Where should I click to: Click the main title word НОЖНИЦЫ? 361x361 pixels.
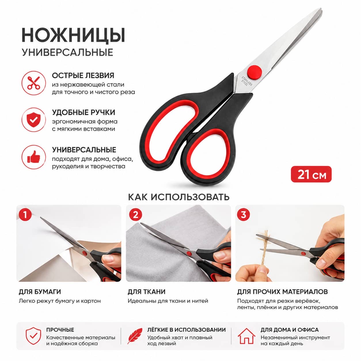(73, 35)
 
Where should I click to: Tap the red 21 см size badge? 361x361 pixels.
(311, 174)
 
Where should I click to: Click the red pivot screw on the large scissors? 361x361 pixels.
(254, 71)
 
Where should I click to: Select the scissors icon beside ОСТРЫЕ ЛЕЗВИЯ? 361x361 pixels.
(34, 83)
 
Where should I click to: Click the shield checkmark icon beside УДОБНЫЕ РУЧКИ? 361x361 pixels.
(34, 120)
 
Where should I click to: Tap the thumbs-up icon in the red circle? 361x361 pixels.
(34, 157)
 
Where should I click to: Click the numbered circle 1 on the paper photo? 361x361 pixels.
(25, 215)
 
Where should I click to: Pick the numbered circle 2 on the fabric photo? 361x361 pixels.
(135, 215)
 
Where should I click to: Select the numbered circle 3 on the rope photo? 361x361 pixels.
(243, 215)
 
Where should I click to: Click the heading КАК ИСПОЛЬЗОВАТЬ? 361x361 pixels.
(179, 197)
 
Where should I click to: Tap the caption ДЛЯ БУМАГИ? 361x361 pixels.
(40, 292)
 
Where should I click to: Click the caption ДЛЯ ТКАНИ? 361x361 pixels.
(147, 292)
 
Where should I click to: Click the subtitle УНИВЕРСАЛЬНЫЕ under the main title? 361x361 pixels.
(68, 52)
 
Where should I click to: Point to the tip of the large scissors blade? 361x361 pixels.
(321, 9)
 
